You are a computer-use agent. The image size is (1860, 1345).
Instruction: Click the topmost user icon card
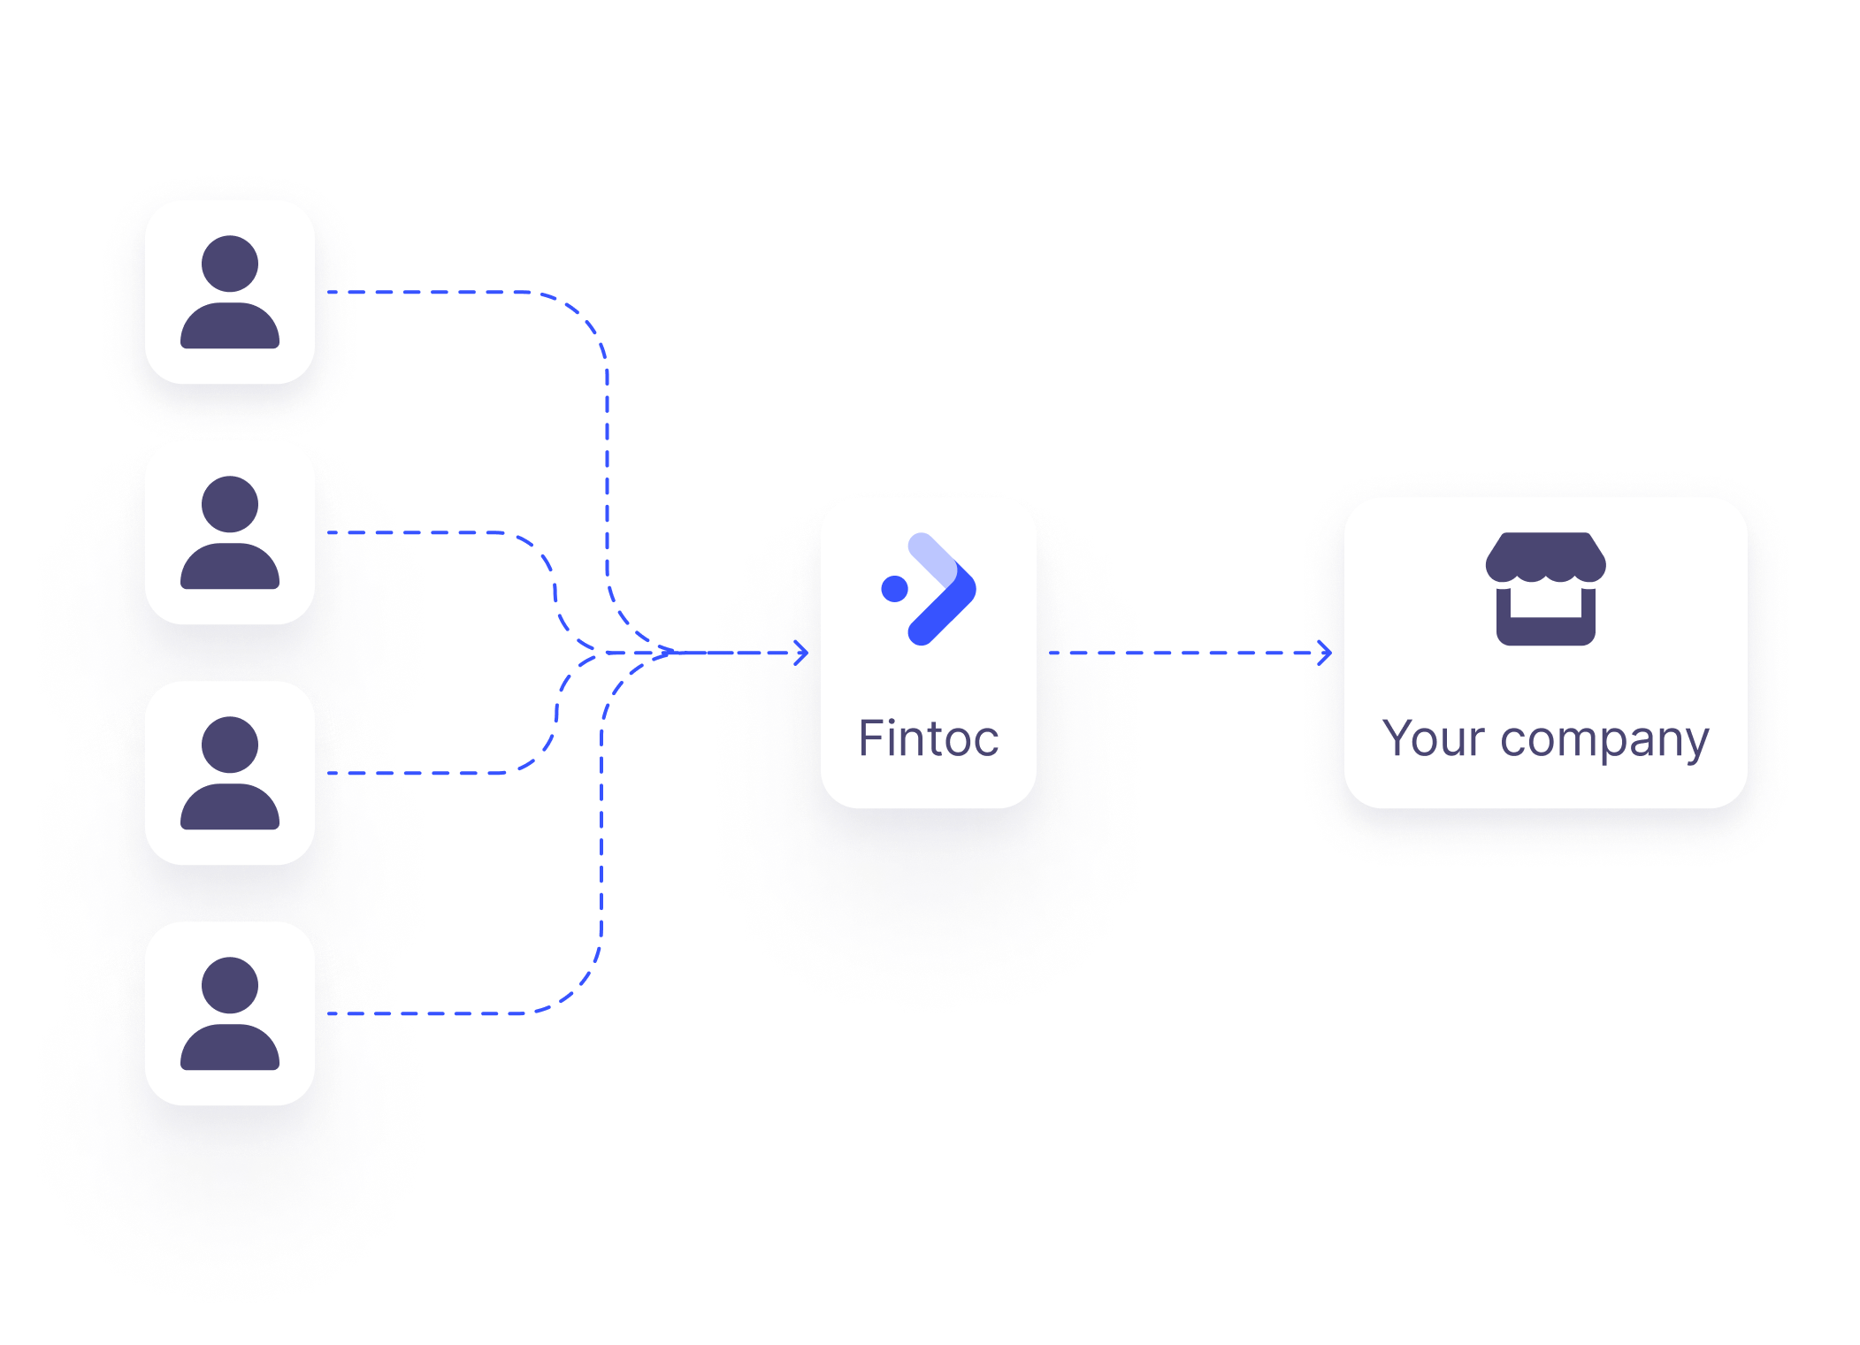tap(230, 292)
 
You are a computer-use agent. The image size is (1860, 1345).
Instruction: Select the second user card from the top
tap(230, 532)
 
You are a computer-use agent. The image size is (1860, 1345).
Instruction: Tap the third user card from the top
tap(230, 773)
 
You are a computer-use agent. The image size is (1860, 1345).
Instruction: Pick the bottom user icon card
tap(230, 1013)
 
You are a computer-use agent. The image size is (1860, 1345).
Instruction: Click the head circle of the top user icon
tap(230, 264)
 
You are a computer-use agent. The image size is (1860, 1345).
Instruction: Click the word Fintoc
tap(929, 739)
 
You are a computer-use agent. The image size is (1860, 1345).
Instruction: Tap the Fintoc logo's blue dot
tap(895, 588)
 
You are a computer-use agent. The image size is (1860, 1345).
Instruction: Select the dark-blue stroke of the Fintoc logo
tap(945, 610)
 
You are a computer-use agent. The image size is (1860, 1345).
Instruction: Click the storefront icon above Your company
tap(1546, 589)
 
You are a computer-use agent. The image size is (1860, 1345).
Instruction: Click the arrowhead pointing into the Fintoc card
tap(801, 653)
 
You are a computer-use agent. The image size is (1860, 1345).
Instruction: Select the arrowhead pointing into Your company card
tap(1325, 653)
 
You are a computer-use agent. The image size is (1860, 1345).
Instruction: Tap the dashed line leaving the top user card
tap(442, 292)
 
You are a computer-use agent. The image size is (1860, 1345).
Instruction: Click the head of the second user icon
tap(230, 504)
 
